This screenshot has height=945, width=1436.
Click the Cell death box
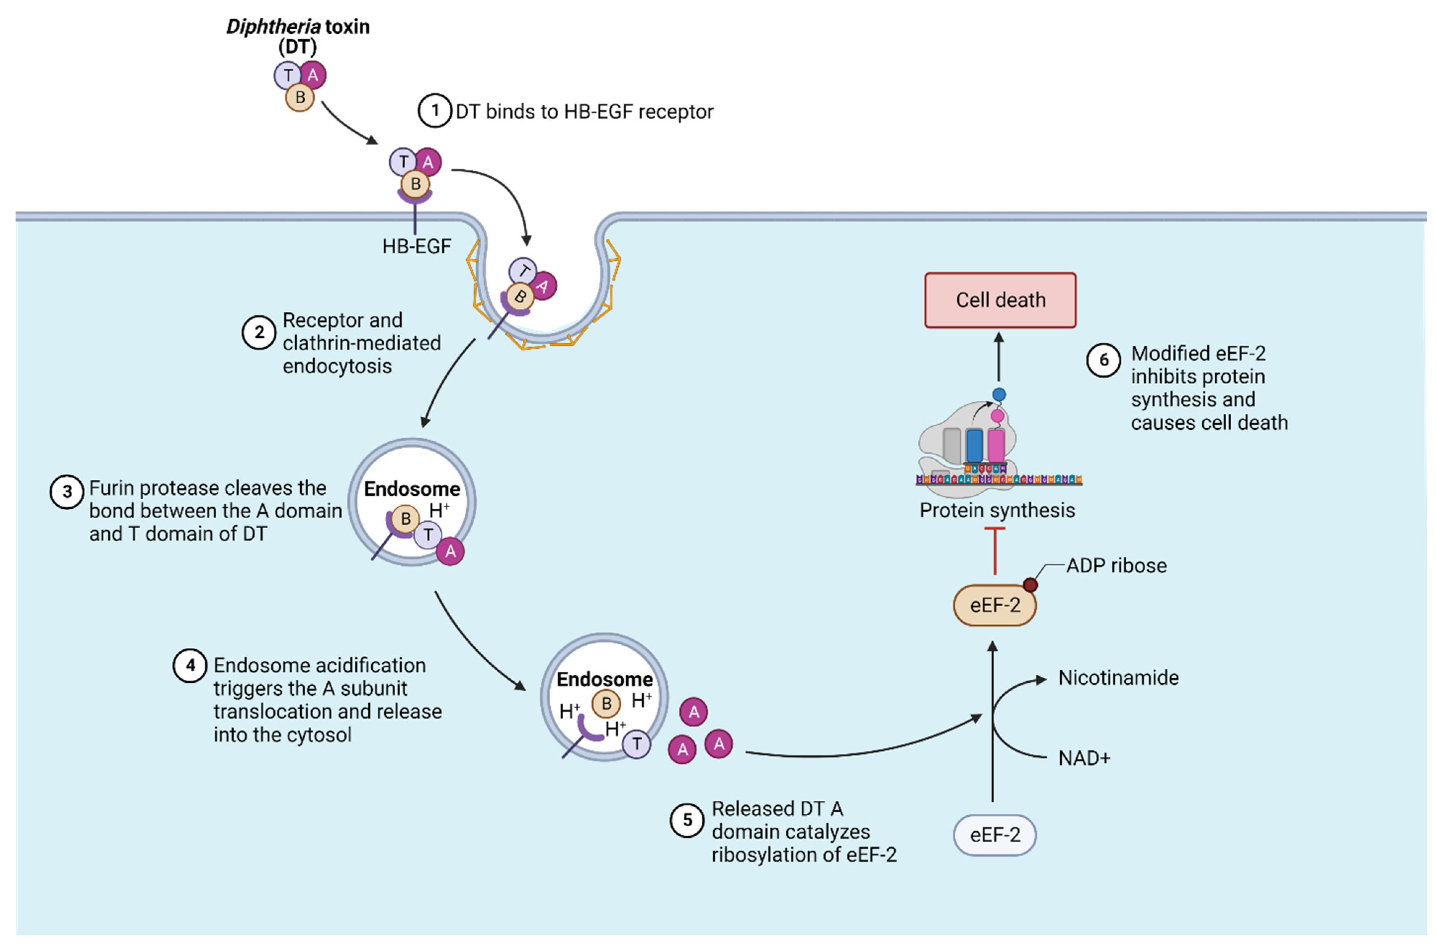[1000, 300]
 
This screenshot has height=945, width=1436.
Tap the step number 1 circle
[434, 111]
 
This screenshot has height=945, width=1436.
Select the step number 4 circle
[190, 666]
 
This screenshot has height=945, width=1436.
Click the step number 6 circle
[1103, 360]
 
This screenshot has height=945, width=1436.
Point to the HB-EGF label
[416, 246]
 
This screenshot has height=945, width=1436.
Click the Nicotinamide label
[1118, 678]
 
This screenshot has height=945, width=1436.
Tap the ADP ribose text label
[1116, 565]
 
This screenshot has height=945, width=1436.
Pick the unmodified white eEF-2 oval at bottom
[994, 835]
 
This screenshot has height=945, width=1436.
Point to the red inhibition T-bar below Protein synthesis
[994, 550]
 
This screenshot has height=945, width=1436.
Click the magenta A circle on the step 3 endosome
[450, 551]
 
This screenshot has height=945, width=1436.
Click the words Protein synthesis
[997, 511]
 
